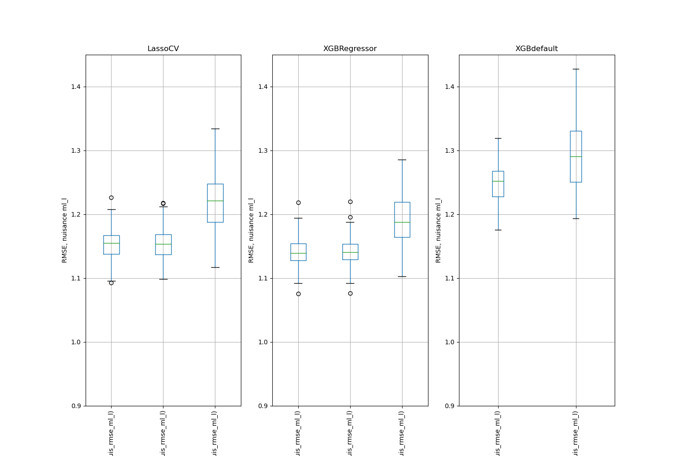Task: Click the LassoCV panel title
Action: (163, 49)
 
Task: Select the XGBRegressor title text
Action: (350, 49)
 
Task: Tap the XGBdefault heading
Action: (536, 49)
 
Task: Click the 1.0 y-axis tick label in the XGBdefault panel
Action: (449, 342)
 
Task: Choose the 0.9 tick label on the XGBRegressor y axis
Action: (263, 406)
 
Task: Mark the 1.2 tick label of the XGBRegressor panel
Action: (263, 215)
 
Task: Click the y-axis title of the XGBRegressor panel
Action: (251, 230)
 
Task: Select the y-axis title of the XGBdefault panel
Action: (438, 230)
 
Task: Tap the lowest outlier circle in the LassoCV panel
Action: (111, 283)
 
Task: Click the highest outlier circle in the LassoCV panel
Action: (111, 197)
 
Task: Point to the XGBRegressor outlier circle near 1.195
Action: (350, 217)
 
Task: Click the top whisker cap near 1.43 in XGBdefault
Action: (576, 69)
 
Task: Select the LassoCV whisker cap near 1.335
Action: (215, 129)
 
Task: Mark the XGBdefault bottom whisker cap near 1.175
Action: (498, 230)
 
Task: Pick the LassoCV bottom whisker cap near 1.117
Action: (215, 267)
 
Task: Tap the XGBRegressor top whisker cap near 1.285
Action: (402, 160)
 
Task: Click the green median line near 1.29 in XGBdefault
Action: (576, 156)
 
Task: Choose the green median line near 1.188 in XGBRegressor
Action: (402, 222)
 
